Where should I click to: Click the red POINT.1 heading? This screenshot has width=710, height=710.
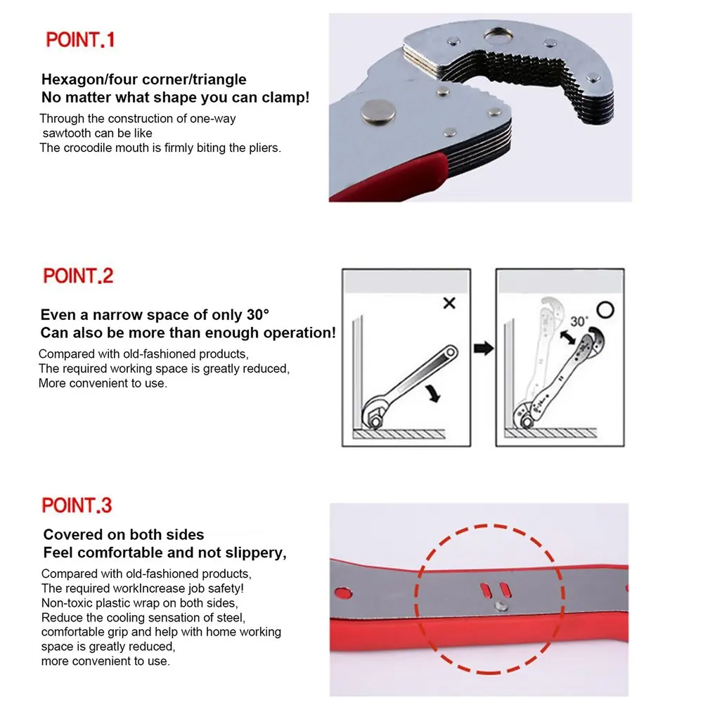tap(80, 40)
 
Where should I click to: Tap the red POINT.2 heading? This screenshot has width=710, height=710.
tap(78, 276)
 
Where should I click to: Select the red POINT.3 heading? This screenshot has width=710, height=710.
tap(77, 505)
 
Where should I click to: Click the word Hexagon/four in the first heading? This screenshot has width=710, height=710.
tap(92, 79)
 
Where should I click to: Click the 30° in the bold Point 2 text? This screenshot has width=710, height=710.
tap(258, 315)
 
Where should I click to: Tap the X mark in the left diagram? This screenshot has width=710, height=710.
tap(449, 303)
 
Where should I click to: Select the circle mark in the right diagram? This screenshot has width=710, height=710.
tap(605, 310)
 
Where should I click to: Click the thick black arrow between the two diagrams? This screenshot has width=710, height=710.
tap(484, 349)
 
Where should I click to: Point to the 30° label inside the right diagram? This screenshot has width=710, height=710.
tap(579, 321)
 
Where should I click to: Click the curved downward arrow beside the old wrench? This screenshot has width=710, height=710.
tap(433, 393)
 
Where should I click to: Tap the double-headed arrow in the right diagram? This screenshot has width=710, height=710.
tap(568, 337)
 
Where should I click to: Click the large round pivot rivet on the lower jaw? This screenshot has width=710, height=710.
tap(378, 112)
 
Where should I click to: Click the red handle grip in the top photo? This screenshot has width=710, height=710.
tap(390, 176)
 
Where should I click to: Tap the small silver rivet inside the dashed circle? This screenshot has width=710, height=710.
tap(501, 606)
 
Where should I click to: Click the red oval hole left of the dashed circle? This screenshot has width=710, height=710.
tap(343, 593)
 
